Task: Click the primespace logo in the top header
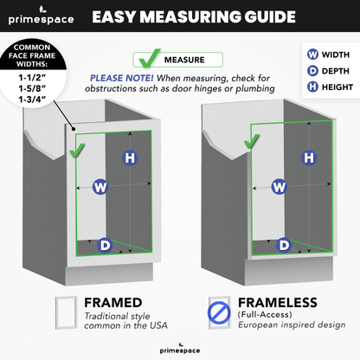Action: [x=41, y=16]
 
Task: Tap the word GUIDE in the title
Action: [x=270, y=16]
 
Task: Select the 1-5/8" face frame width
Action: [x=32, y=88]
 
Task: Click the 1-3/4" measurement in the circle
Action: [x=32, y=100]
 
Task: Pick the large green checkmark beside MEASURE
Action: [x=149, y=58]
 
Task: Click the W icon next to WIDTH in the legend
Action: [x=312, y=55]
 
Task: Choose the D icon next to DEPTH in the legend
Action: [x=312, y=71]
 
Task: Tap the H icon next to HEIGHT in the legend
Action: [x=312, y=87]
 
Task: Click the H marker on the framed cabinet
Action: [x=130, y=157]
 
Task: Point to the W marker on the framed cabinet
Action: [x=100, y=187]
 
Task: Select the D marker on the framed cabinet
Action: [x=105, y=246]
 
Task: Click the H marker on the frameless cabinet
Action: [x=309, y=157]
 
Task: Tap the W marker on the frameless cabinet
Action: [x=279, y=187]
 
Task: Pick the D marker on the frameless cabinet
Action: [x=284, y=245]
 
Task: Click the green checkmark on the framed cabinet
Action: [x=77, y=151]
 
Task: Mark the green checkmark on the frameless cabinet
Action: [x=251, y=141]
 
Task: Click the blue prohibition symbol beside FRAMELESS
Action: [x=219, y=312]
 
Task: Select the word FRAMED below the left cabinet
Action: [x=113, y=303]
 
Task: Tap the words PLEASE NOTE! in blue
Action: [x=122, y=78]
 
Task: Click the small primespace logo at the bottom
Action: [x=180, y=349]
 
